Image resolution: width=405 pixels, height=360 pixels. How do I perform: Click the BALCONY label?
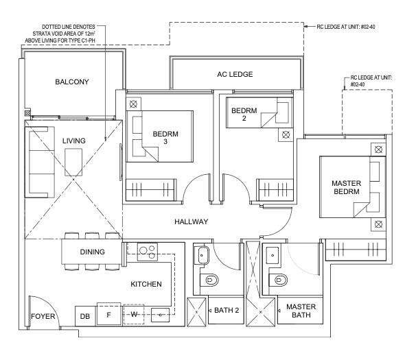[x=72, y=82]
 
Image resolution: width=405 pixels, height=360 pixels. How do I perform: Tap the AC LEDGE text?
[x=235, y=74]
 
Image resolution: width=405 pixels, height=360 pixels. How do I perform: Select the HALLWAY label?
[x=191, y=221]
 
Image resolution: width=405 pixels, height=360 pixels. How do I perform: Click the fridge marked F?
[x=108, y=314]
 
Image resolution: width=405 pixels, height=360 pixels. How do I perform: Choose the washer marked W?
[x=134, y=314]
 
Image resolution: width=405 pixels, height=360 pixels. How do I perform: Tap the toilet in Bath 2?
[x=209, y=280]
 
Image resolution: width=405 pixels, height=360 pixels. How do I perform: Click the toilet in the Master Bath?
[x=278, y=280]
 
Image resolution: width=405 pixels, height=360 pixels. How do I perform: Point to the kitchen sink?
[x=160, y=315]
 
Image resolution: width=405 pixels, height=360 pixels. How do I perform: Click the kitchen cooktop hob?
[x=147, y=251]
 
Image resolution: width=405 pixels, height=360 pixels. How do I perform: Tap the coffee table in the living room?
[x=73, y=163]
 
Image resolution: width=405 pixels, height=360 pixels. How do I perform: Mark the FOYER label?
[x=43, y=316]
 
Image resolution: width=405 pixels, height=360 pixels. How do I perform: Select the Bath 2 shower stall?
[x=196, y=312]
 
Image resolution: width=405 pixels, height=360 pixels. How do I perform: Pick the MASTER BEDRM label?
[x=346, y=187]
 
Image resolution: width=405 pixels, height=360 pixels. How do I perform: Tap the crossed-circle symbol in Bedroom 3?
[x=133, y=104]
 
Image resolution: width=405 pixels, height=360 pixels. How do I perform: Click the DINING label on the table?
[x=92, y=252]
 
